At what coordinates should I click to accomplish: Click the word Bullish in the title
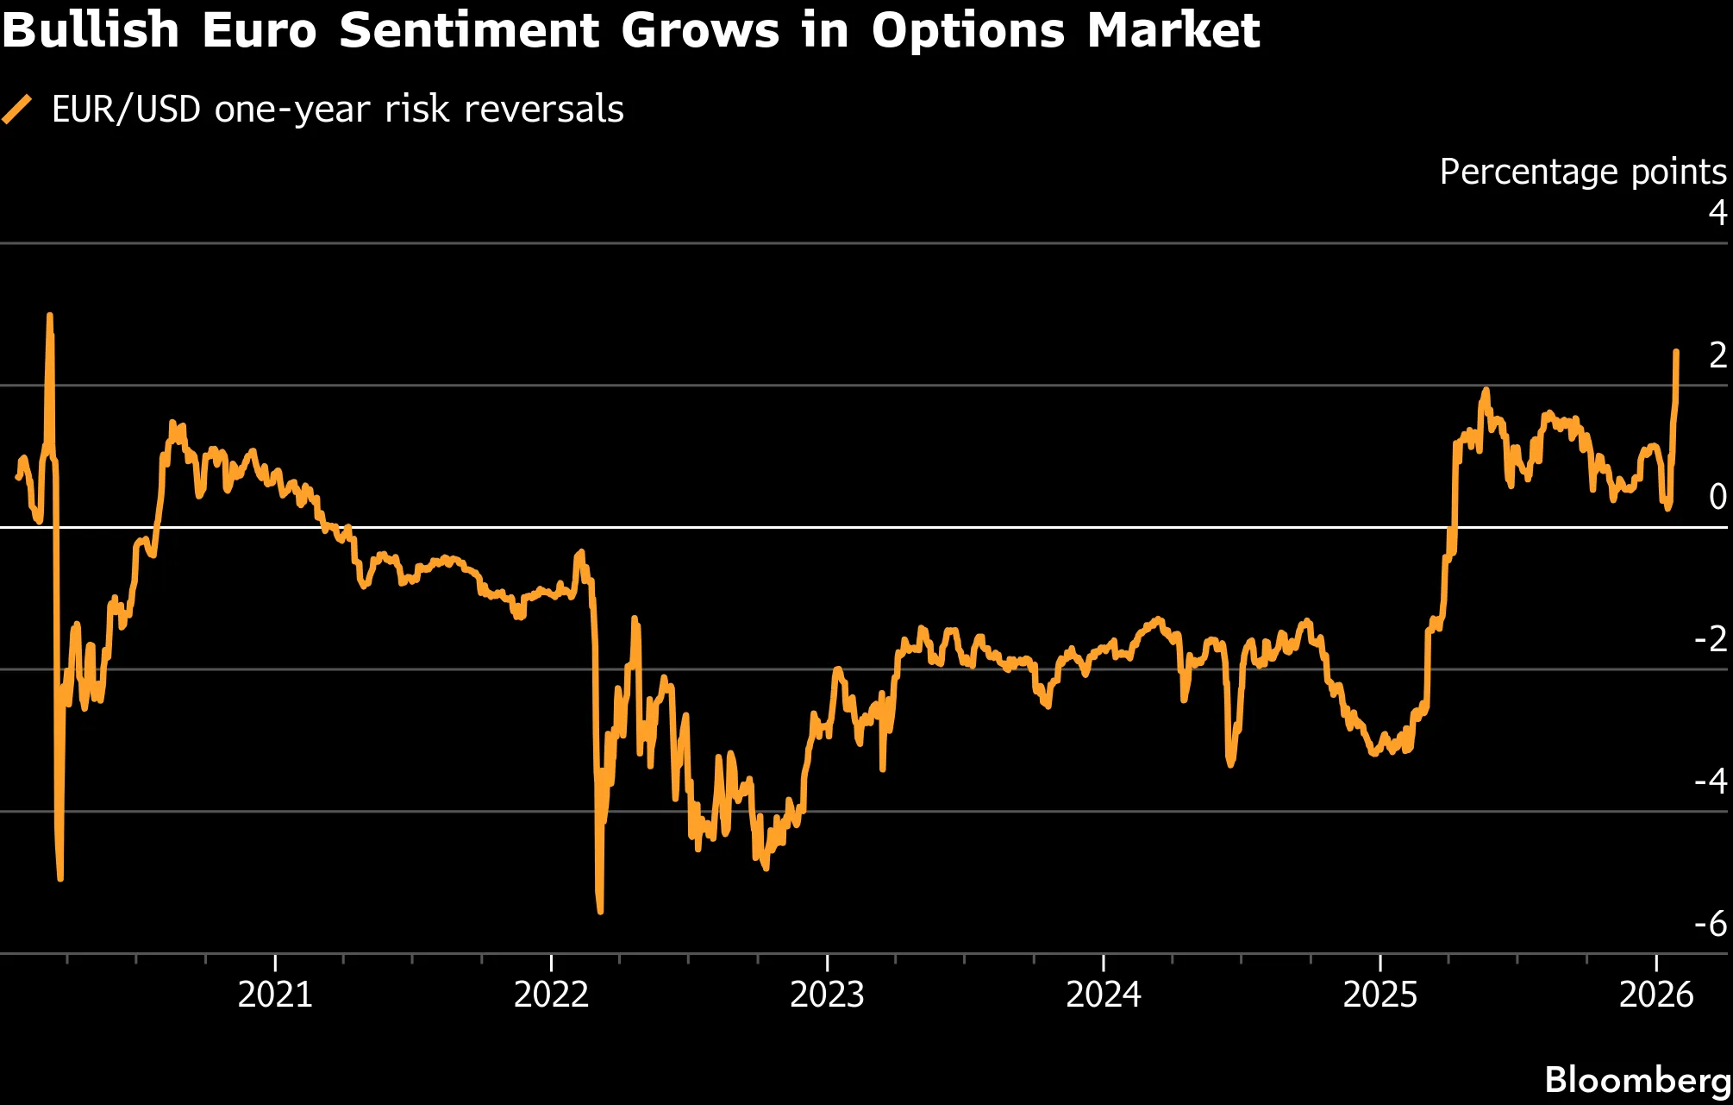pyautogui.click(x=91, y=31)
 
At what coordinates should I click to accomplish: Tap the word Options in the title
pyautogui.click(x=968, y=31)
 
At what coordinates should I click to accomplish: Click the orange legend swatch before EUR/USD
pyautogui.click(x=16, y=110)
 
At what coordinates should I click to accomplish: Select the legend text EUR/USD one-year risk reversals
pyautogui.click(x=337, y=110)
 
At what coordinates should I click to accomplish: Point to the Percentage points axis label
pyautogui.click(x=1582, y=172)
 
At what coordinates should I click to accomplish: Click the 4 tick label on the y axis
pyautogui.click(x=1717, y=212)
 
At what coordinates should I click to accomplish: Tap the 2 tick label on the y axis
pyautogui.click(x=1717, y=355)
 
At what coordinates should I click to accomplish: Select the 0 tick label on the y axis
pyautogui.click(x=1717, y=497)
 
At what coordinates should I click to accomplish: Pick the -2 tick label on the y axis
pyautogui.click(x=1711, y=639)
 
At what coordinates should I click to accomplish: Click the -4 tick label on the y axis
pyautogui.click(x=1711, y=782)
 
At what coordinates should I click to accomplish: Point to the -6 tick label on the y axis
pyautogui.click(x=1711, y=924)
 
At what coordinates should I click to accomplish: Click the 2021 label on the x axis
pyautogui.click(x=275, y=995)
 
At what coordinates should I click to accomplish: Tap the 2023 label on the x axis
pyautogui.click(x=827, y=995)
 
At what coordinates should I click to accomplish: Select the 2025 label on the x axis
pyautogui.click(x=1380, y=995)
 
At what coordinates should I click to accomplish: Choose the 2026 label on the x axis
pyautogui.click(x=1656, y=995)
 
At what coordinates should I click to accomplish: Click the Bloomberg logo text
pyautogui.click(x=1637, y=1080)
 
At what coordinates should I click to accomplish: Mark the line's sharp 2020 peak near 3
pyautogui.click(x=49, y=317)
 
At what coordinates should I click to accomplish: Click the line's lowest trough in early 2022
pyautogui.click(x=600, y=910)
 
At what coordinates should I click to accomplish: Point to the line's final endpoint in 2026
pyautogui.click(x=1676, y=352)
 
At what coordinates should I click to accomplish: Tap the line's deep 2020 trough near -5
pyautogui.click(x=60, y=877)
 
